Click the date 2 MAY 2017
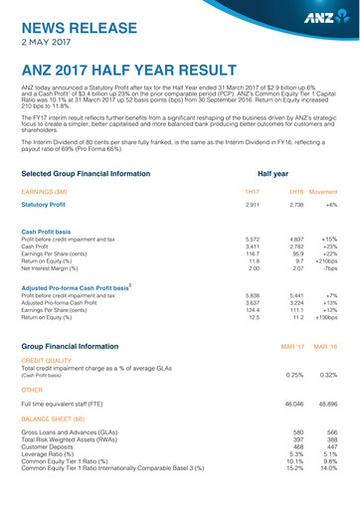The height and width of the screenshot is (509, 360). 46,44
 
